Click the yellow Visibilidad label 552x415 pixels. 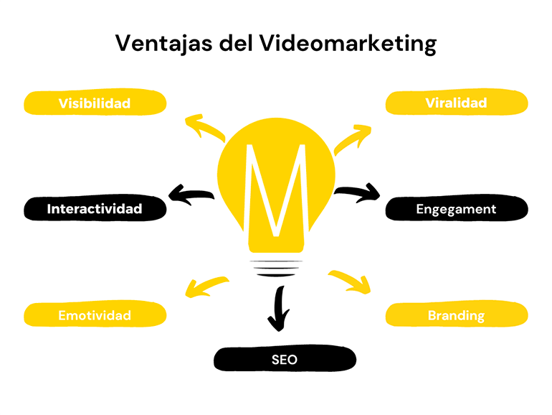coord(95,103)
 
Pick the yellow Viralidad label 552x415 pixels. coord(457,103)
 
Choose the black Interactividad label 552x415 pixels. coord(95,209)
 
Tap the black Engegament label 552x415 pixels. coord(457,209)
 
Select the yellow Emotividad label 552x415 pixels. coord(95,315)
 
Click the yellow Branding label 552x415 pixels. coord(457,315)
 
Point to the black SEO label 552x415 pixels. coord(285,359)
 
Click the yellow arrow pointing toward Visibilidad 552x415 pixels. coord(204,127)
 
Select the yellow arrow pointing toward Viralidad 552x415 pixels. coord(353,136)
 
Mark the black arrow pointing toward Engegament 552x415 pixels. coord(358,192)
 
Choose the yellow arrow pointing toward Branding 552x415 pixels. coord(351,281)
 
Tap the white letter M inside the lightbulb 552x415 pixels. coord(275,190)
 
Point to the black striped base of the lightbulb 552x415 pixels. coord(276,266)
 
